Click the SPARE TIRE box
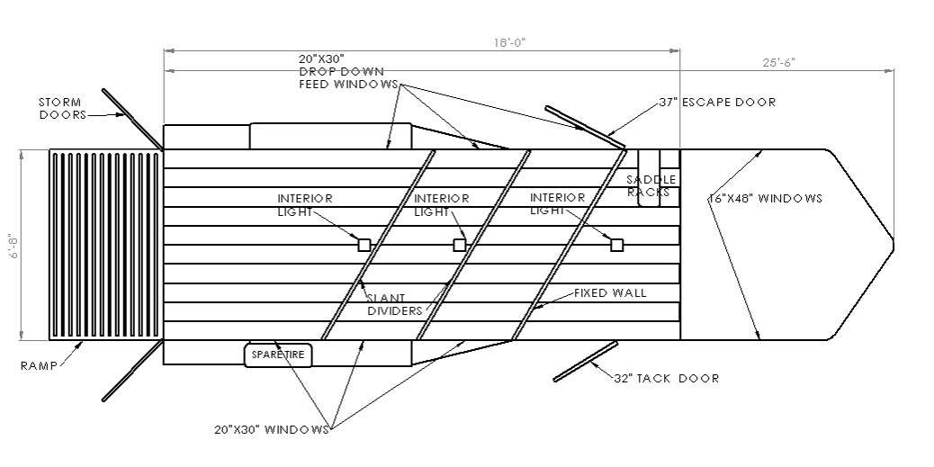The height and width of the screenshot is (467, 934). coord(278,355)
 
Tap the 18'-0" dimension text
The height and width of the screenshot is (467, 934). coord(508,41)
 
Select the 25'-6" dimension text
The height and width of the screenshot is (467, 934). coord(778,62)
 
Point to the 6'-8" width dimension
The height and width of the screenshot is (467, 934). coord(10,246)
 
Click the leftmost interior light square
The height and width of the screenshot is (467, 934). coord(364,245)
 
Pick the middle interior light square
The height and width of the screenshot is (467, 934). coord(460,245)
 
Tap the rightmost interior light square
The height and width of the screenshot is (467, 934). coord(617,245)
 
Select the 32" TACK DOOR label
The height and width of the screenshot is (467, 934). coord(667,378)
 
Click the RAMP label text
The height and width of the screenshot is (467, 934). coord(39,365)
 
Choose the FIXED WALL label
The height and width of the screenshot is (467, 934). coord(611,293)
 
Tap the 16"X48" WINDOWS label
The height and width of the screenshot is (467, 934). coord(765,198)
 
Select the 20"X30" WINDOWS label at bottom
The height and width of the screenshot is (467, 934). coord(272,429)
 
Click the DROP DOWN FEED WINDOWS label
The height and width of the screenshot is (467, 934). coord(342,72)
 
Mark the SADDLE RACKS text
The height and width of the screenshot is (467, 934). coord(651,185)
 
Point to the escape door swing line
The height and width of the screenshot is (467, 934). coord(583,126)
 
